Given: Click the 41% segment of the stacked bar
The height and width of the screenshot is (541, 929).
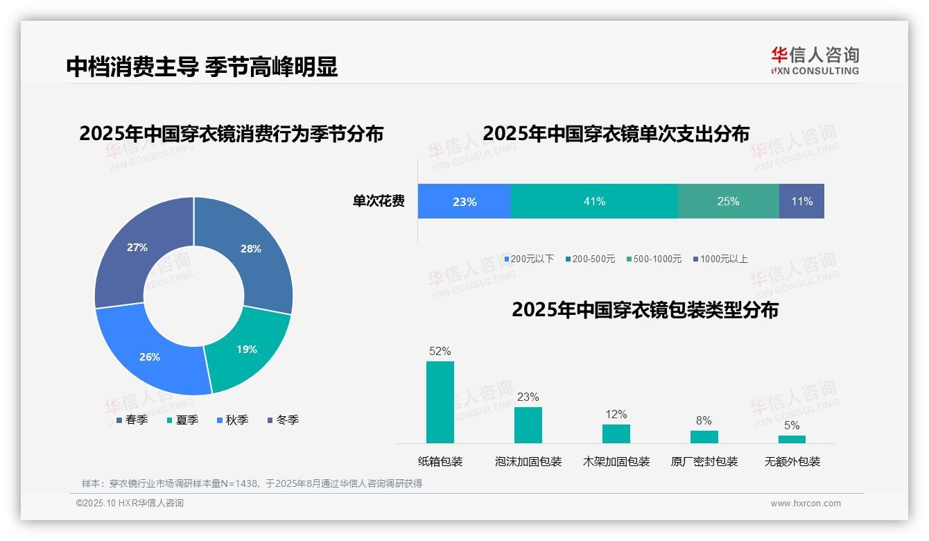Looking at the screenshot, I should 594,201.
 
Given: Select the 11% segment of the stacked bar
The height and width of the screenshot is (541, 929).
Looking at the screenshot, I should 801,201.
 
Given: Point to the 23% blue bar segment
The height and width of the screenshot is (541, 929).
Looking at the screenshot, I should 464,202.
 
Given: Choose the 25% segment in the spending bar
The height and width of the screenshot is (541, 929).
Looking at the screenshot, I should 728,201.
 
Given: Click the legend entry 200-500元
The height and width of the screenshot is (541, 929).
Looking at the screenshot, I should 590,259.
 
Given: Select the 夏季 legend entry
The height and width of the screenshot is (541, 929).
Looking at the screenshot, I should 183,420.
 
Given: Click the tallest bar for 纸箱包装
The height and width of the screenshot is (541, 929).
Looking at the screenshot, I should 440,402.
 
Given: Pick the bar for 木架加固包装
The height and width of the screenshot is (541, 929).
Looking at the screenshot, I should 616,433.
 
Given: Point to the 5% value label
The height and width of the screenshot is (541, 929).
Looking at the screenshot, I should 792,425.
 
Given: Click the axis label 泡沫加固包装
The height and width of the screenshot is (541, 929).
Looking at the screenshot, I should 528,461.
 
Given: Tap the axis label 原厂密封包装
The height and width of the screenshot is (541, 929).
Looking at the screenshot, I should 704,461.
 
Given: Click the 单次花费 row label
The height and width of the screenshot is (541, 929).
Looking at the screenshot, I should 379,201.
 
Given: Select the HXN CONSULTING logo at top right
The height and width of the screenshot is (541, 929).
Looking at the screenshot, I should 815,60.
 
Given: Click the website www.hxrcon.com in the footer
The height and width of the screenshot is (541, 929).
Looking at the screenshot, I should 806,504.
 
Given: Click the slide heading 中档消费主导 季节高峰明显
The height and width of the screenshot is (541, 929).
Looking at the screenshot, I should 202,67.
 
